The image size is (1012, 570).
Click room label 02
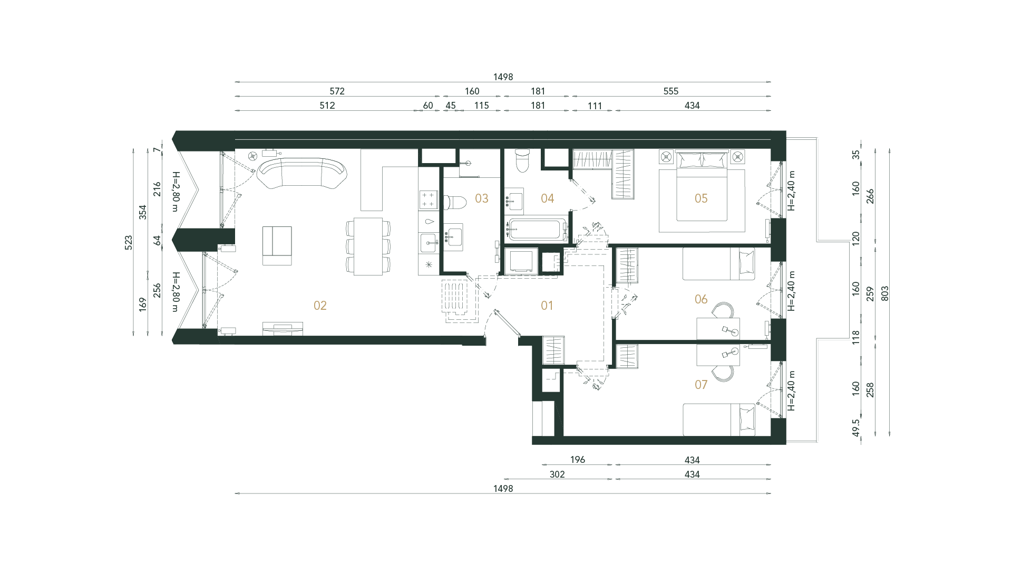(320, 306)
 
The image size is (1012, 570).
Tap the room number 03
(481, 198)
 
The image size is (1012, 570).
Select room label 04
(547, 198)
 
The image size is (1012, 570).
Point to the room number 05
(701, 198)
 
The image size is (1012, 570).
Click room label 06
(701, 299)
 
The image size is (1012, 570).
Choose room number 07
(701, 385)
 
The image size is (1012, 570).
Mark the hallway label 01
(547, 306)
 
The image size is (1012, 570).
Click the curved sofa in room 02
(301, 174)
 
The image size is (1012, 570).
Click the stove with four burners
(428, 199)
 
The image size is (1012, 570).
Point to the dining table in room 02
(368, 246)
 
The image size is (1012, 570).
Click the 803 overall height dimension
(885, 293)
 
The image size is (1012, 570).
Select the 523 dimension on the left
(129, 243)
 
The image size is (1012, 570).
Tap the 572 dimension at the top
(337, 91)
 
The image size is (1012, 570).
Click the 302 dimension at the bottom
(557, 474)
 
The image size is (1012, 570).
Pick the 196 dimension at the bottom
(578, 460)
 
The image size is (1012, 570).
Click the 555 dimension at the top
(670, 91)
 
